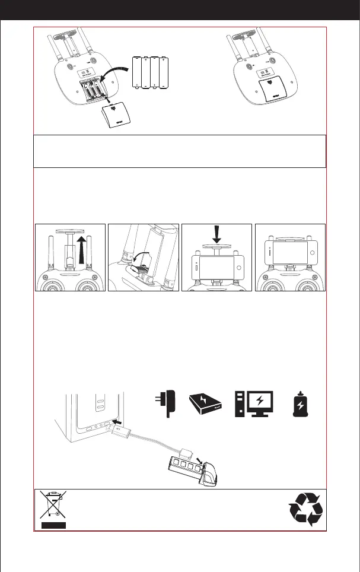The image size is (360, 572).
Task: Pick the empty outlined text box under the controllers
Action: pos(180,151)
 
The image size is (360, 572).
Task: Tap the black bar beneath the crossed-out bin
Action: pos(54,524)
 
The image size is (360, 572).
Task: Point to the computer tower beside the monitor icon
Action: pos(240,405)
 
